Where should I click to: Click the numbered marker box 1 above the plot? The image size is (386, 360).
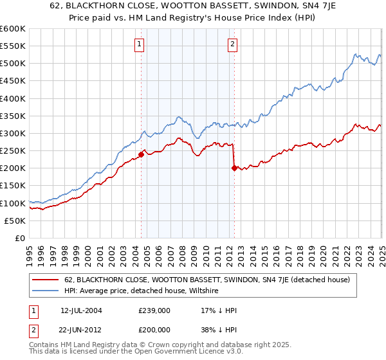point(140,44)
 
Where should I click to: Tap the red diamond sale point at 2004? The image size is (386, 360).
point(141,154)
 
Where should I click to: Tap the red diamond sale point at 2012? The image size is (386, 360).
point(234,168)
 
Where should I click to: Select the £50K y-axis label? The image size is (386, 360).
point(15,221)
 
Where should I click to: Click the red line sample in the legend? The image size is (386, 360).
point(46,280)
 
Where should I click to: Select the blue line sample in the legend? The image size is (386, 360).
point(46,291)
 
